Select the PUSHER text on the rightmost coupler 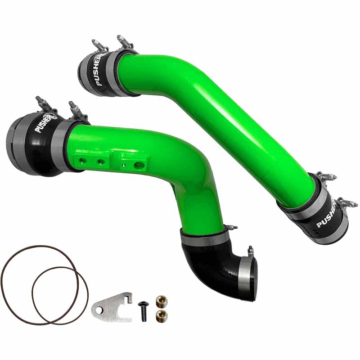pyautogui.click(x=327, y=215)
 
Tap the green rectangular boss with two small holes pyautogui.click(x=90, y=160)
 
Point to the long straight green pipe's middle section pyautogui.click(x=225, y=121)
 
